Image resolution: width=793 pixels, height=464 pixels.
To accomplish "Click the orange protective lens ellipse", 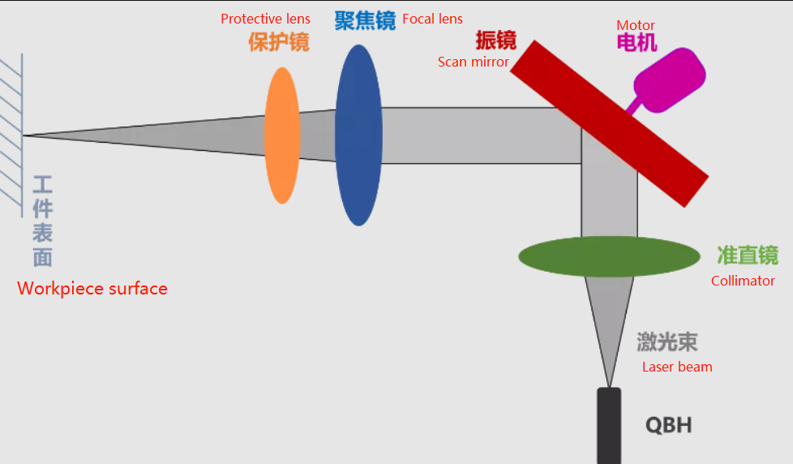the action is pos(282,135).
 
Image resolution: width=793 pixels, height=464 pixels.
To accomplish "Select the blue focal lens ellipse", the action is pos(358,135).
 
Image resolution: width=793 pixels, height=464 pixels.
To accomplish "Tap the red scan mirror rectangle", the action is pos(609,124).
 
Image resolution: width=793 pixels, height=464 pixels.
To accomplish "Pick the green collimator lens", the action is pos(610,256).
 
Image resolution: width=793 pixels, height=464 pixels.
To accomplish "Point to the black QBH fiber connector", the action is pos(609,426).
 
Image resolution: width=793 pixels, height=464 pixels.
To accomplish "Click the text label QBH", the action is pos(669,425).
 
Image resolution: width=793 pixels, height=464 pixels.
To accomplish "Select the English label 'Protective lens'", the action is pos(265,19).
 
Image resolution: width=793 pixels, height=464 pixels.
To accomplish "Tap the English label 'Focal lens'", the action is pos(432,19).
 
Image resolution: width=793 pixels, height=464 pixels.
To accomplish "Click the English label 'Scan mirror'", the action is pos(474,62).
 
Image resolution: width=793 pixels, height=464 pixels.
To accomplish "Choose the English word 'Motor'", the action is pos(636,25).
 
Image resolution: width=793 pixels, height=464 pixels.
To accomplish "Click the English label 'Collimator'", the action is pos(743,281).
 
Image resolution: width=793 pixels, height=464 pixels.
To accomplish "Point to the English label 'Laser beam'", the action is pos(677,367).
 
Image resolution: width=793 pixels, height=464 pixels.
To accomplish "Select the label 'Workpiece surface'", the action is pos(92,289).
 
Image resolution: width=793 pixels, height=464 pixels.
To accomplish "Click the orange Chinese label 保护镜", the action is pos(279,41).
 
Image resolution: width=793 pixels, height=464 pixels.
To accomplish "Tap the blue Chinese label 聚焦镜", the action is pos(365,21).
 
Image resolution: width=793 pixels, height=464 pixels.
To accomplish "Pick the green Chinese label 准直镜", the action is pos(748,256).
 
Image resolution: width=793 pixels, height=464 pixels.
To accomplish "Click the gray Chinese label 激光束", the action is pos(667,342).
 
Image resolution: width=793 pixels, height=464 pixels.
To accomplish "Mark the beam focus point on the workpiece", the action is pos(24,135).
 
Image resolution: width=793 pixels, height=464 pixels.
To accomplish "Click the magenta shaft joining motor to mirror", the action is pos(634,105).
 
